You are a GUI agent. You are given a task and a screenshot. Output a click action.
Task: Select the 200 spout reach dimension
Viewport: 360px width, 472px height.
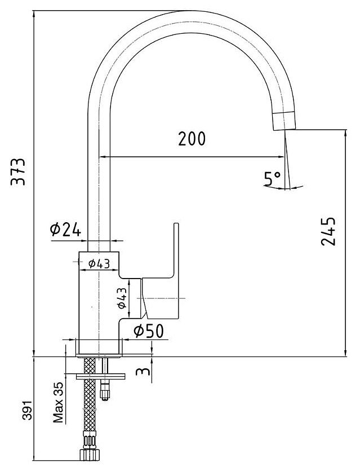click(x=192, y=139)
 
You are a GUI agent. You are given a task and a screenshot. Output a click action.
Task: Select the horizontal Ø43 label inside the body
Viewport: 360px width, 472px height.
click(x=99, y=262)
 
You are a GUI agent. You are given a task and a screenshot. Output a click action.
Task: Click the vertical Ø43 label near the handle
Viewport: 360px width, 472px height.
click(x=122, y=297)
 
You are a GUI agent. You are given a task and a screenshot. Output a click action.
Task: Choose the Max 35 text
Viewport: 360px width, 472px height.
click(x=57, y=402)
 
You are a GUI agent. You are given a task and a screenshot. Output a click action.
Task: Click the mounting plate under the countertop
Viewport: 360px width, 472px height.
click(x=96, y=375)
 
